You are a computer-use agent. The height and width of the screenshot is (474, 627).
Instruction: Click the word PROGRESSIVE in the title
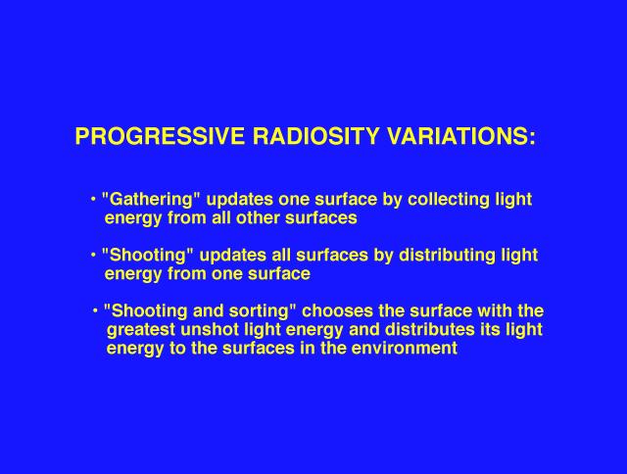pyautogui.click(x=160, y=136)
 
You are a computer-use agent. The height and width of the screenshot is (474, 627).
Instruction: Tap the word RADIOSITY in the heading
pyautogui.click(x=315, y=136)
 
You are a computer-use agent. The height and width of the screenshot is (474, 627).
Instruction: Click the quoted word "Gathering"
pyautogui.click(x=151, y=200)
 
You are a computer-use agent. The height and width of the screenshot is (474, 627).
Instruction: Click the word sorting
pyautogui.click(x=263, y=311)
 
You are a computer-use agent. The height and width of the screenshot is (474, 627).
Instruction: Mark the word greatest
pyautogui.click(x=141, y=330)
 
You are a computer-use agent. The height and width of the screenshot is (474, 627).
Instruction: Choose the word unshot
pyautogui.click(x=210, y=330)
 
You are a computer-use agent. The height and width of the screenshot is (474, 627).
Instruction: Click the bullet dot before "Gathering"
pyautogui.click(x=93, y=199)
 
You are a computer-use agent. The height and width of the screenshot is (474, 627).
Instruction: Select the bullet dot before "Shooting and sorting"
pyautogui.click(x=95, y=310)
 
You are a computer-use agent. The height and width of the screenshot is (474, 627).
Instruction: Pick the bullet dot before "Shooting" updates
pyautogui.click(x=93, y=255)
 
